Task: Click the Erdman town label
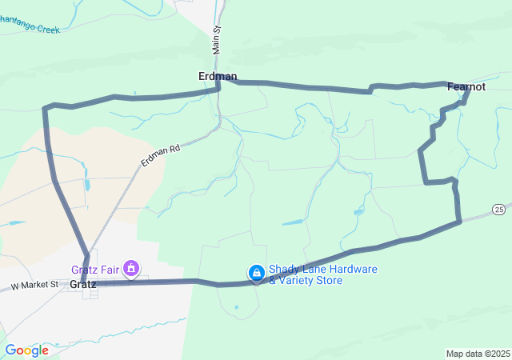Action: [217, 76]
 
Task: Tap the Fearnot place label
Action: [466, 86]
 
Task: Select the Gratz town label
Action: [82, 284]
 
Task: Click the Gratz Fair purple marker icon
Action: [130, 268]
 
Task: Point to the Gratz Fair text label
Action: [95, 269]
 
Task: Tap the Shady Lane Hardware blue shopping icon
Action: [256, 274]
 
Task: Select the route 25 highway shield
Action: [498, 209]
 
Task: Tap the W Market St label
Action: [34, 285]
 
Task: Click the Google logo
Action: [26, 350]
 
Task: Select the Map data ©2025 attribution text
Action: [478, 354]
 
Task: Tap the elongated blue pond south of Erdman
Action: [293, 222]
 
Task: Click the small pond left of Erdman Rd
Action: [86, 185]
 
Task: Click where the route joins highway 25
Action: [459, 222]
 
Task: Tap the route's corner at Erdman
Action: [219, 81]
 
